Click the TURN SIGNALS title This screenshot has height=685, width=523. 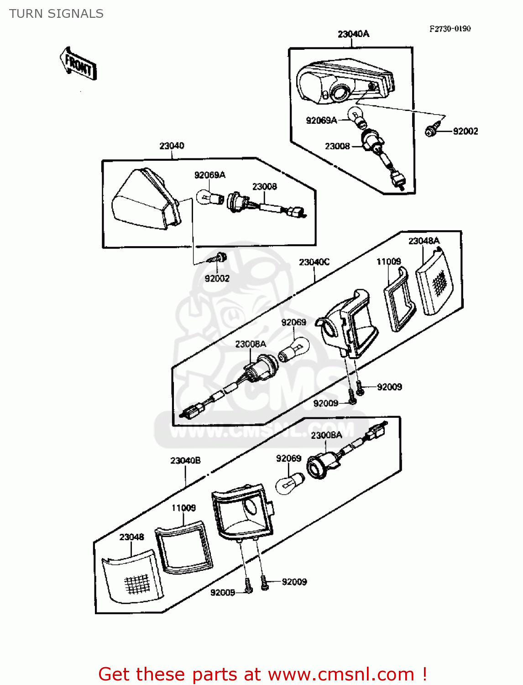[56, 14]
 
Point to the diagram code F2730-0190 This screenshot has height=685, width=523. [450, 28]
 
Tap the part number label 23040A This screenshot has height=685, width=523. [353, 34]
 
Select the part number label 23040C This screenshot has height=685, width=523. [314, 262]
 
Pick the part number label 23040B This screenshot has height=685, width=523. [185, 460]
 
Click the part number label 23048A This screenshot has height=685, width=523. [424, 241]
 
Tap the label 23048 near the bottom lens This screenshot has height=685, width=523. [131, 537]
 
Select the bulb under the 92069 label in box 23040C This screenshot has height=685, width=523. [294, 349]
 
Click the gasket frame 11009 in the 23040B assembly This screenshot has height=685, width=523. [184, 548]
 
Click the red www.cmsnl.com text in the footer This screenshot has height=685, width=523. [340, 674]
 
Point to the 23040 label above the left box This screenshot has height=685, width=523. [172, 146]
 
